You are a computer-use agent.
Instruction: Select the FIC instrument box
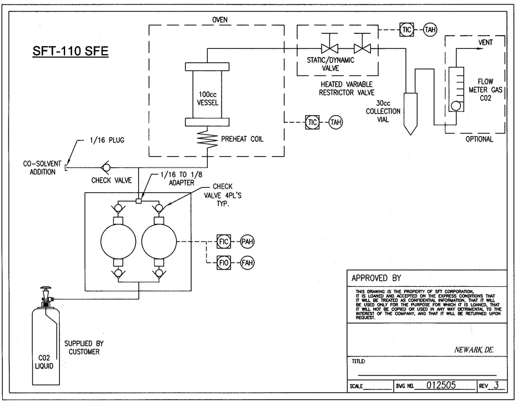[224, 241]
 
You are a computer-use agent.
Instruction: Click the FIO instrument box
[224, 263]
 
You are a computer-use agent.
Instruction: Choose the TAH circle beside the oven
[336, 122]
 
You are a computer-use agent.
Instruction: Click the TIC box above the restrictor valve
[407, 29]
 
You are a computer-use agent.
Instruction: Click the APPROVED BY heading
[376, 277]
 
